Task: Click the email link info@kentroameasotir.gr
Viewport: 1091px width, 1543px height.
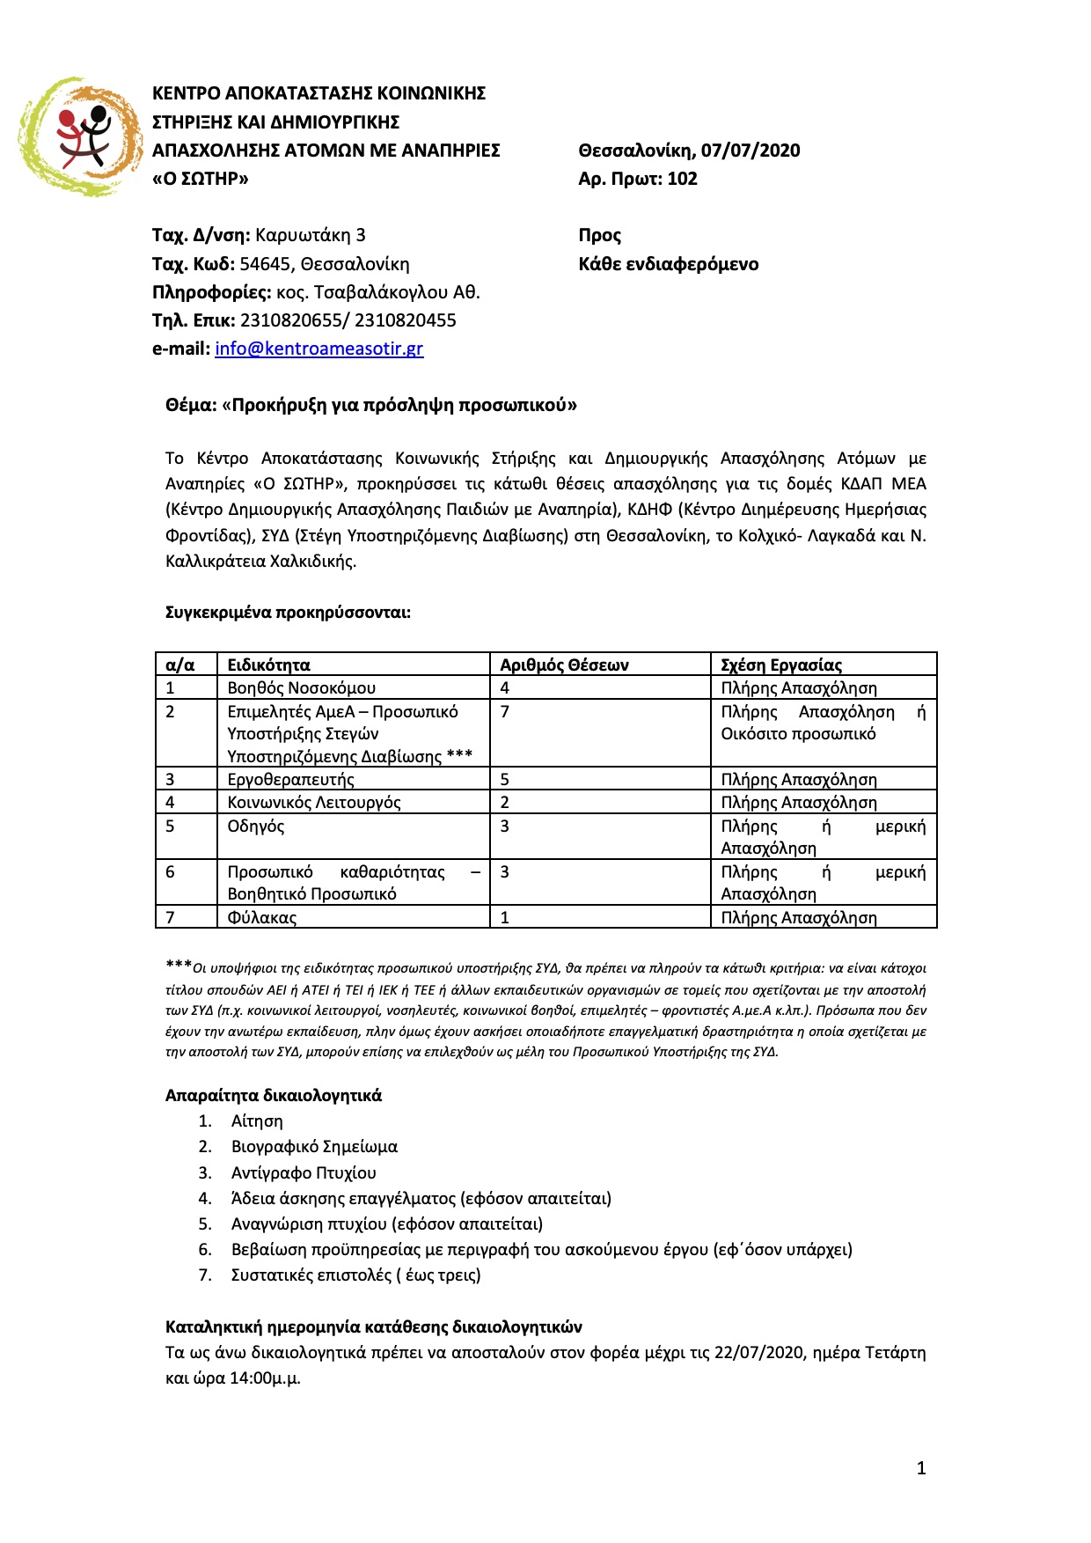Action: click(x=319, y=349)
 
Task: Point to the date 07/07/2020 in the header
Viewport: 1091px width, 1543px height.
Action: click(x=751, y=151)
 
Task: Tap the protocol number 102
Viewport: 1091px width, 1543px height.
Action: click(x=682, y=179)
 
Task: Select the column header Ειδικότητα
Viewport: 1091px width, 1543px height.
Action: click(x=268, y=665)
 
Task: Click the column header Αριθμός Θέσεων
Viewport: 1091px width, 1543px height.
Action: click(x=564, y=665)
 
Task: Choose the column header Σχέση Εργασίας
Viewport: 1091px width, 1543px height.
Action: click(x=781, y=665)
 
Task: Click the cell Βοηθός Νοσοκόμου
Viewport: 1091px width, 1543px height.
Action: click(x=301, y=687)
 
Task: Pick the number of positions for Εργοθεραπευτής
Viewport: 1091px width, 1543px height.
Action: click(x=505, y=779)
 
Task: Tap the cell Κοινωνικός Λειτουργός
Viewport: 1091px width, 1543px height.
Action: click(x=313, y=802)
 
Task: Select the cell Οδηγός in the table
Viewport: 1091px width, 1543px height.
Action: click(x=255, y=826)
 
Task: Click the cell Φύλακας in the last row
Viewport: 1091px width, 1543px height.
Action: click(x=261, y=917)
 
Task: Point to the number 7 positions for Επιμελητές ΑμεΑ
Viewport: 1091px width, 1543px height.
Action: click(x=505, y=711)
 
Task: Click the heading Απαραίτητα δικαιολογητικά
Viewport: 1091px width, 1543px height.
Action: click(x=274, y=1095)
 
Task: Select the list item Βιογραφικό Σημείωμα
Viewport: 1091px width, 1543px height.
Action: click(x=314, y=1146)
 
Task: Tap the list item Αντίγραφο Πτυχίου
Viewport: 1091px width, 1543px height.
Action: click(x=304, y=1172)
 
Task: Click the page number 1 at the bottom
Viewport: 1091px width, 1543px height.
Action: click(x=921, y=1467)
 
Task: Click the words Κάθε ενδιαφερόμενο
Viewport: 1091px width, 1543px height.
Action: click(x=668, y=264)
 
